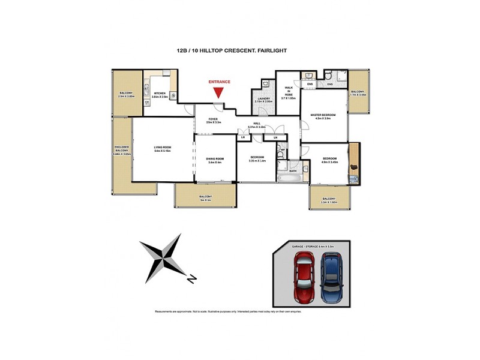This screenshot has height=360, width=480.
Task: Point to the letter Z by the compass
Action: coord(190,279)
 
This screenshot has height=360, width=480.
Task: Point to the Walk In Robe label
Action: coord(289,92)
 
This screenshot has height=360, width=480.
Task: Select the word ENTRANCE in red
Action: coord(220,82)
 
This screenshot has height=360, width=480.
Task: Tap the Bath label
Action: coord(293,171)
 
